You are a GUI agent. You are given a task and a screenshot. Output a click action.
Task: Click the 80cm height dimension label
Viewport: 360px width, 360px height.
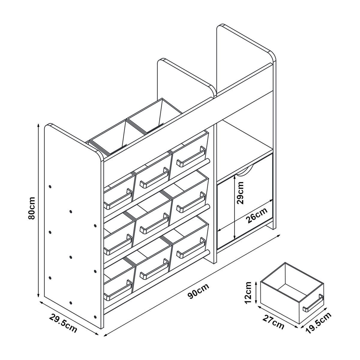(x=32, y=208)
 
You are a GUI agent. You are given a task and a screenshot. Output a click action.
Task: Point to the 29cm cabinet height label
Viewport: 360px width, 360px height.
(x=240, y=193)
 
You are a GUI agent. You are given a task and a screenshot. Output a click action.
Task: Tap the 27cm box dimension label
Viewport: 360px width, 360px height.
(x=274, y=322)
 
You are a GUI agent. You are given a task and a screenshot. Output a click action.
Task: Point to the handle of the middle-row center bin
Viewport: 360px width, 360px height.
(x=154, y=223)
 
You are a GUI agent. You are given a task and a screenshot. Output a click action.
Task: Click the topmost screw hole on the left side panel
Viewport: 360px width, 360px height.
(x=50, y=186)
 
